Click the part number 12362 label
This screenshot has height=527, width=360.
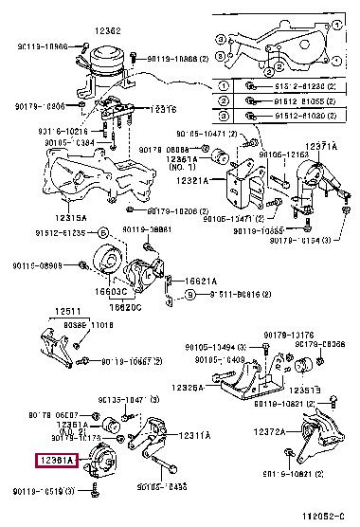click(108, 31)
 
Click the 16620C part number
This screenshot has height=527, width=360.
click(124, 306)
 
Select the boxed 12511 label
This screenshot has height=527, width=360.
click(67, 311)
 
